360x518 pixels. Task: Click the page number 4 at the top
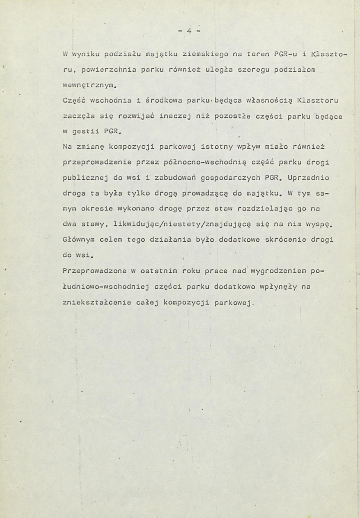click(x=189, y=31)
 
